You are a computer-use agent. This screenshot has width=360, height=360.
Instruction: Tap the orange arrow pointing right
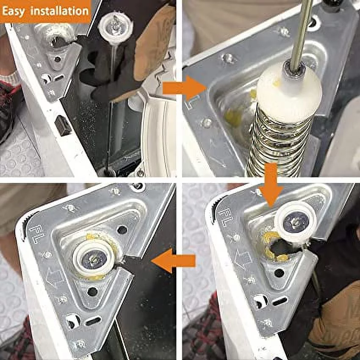(x=177, y=88)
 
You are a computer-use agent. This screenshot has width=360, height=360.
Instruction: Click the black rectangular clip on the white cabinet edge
(x=63, y=125)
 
